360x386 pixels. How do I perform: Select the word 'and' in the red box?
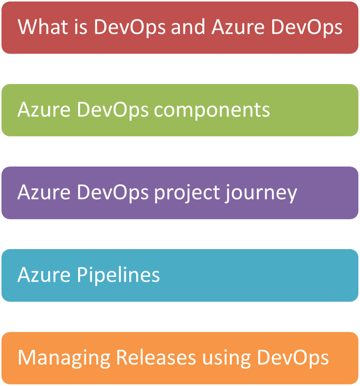tap(188, 27)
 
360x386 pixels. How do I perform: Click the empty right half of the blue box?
tap(267, 276)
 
